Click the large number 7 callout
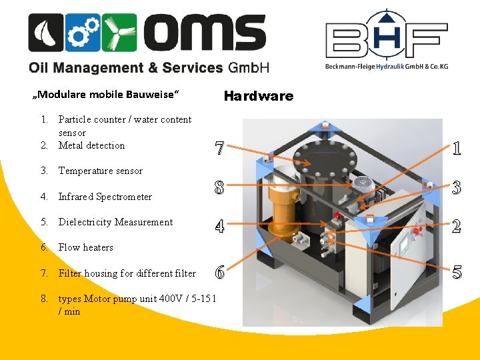click(219, 148)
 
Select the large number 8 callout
click(219, 188)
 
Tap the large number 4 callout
click(219, 227)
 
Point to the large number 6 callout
click(219, 272)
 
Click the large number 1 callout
click(456, 148)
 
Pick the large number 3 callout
click(456, 188)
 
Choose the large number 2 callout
click(456, 227)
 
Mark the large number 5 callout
click(456, 272)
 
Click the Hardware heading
click(258, 96)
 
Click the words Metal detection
click(91, 145)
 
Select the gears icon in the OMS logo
click(83, 33)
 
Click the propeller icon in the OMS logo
click(120, 33)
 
